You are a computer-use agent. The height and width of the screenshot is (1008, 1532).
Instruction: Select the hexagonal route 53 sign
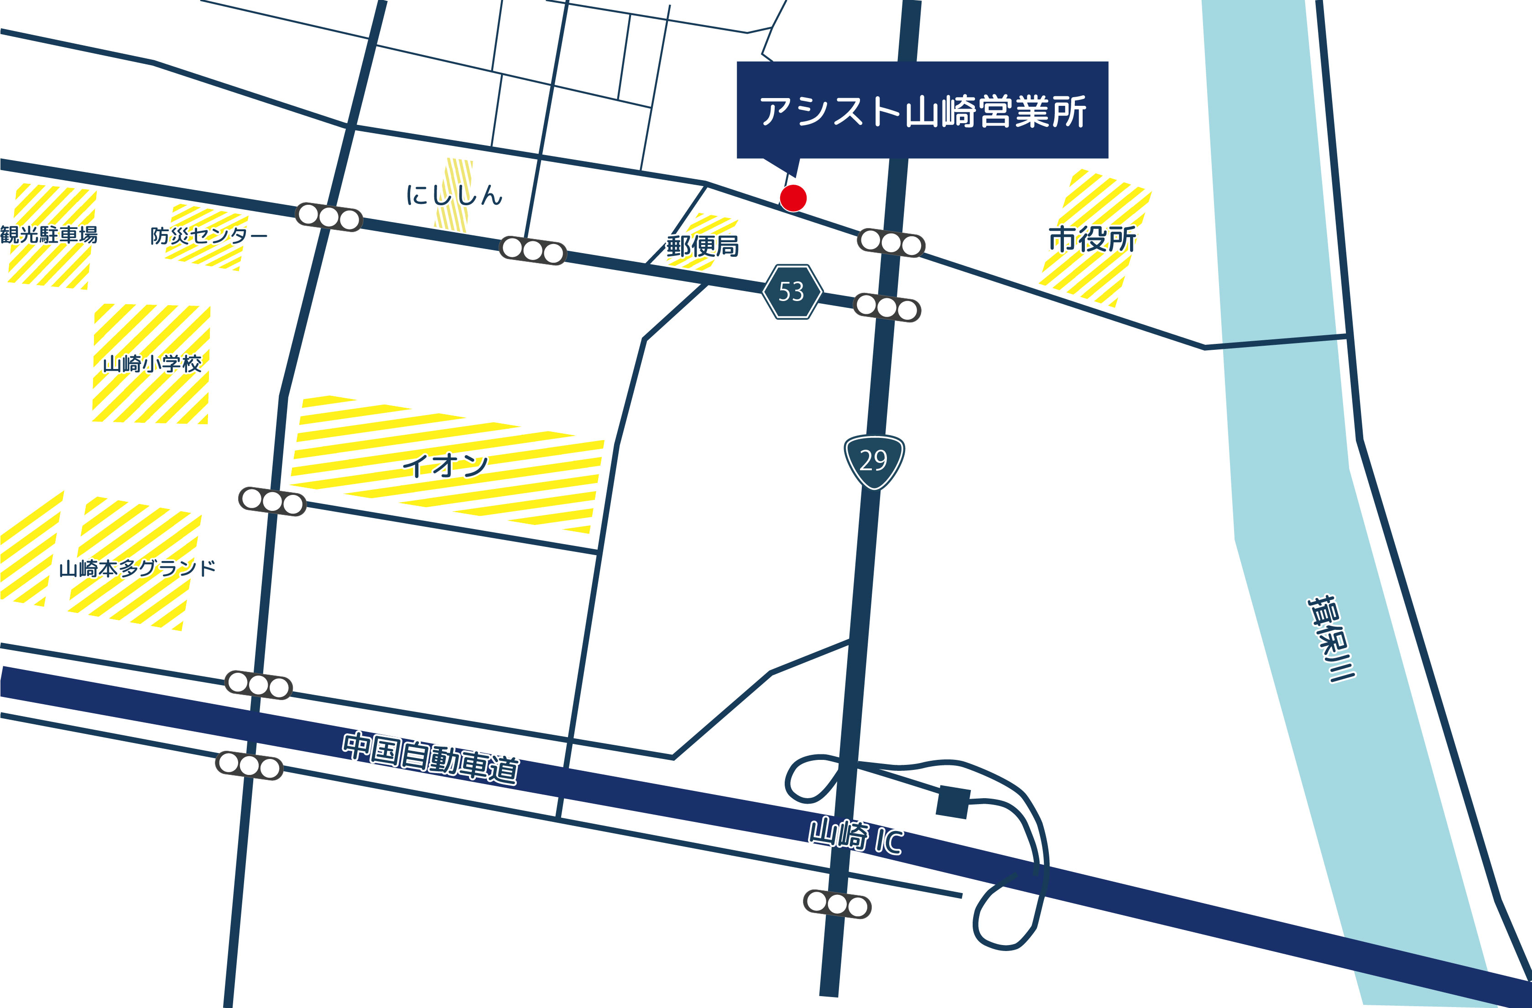(792, 291)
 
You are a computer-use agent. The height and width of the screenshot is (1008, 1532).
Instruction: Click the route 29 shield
(874, 461)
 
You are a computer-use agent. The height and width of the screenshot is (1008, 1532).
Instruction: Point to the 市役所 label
(1092, 239)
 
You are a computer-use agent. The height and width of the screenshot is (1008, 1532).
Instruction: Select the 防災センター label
(208, 236)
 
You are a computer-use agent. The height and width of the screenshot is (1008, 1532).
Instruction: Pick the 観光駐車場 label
(49, 235)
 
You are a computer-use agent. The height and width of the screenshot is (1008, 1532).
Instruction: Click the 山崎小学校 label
(152, 364)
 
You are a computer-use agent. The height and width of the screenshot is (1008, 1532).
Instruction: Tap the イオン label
(445, 465)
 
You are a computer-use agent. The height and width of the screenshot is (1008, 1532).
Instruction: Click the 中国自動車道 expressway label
(430, 758)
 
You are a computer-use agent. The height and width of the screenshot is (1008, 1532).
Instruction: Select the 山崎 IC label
(855, 837)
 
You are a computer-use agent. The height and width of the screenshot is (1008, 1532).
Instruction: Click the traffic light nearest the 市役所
(891, 243)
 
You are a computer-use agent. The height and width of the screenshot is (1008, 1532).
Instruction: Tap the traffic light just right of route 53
(887, 308)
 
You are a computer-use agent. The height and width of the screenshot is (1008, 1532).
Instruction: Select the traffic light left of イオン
(271, 501)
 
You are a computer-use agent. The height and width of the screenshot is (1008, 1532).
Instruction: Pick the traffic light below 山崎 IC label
(837, 904)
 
